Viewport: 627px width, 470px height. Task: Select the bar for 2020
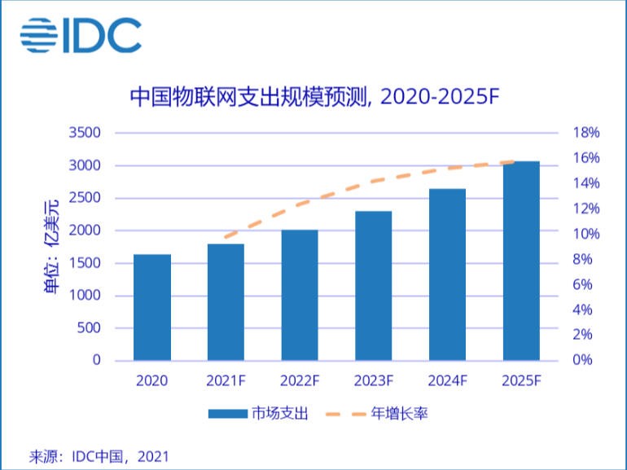click(152, 307)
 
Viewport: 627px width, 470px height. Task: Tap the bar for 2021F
click(226, 301)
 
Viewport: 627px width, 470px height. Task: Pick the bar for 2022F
click(300, 295)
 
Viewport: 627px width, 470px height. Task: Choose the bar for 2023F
click(374, 285)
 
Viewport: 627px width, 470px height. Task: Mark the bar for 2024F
click(447, 274)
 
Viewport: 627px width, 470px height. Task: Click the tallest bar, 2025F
click(521, 261)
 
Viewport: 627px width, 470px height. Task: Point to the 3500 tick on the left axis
click(85, 133)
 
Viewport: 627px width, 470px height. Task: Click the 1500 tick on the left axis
click(85, 263)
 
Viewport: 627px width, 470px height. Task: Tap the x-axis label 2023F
click(374, 380)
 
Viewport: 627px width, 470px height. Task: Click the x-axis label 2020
click(152, 380)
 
